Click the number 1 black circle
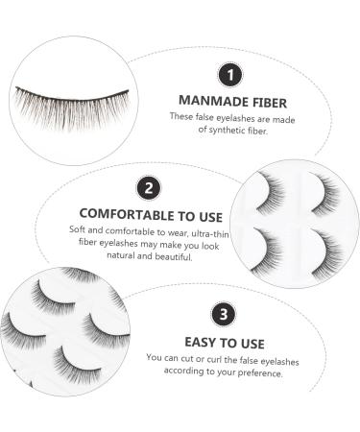pos(228,75)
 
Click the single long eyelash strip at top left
pos(71,95)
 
